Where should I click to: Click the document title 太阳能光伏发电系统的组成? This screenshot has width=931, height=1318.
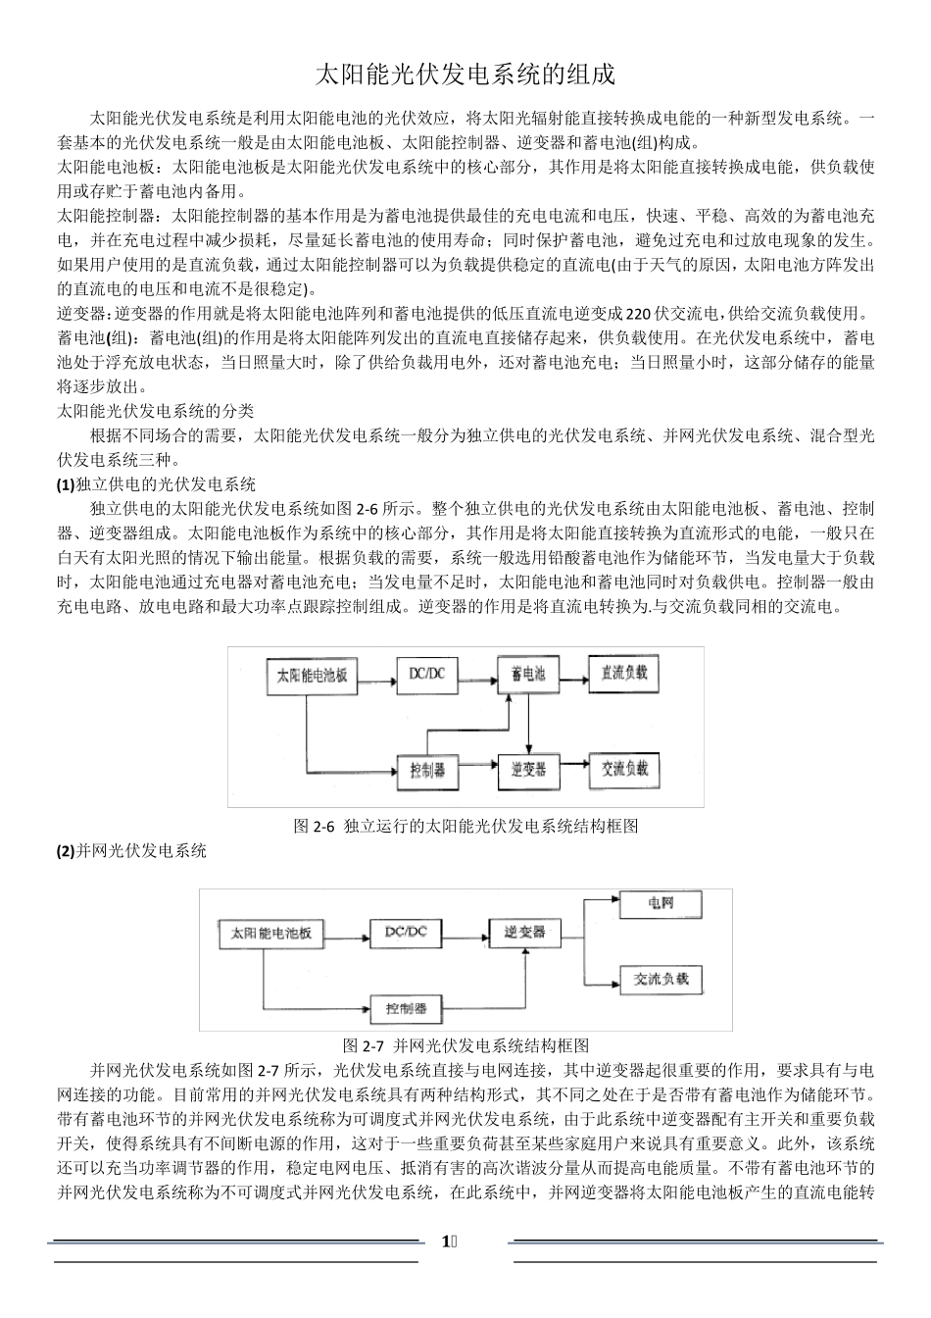[x=465, y=76]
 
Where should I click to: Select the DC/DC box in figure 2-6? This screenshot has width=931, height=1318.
[x=426, y=674]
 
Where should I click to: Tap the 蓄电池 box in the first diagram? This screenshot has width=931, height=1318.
[x=528, y=675]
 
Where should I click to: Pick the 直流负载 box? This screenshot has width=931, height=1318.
[x=623, y=674]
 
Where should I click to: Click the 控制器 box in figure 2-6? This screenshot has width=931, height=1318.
[x=427, y=771]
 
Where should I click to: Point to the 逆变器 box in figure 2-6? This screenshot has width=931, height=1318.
[x=528, y=770]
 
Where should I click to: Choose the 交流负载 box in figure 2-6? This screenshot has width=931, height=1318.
[x=624, y=769]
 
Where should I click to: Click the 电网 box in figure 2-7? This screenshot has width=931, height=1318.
[x=661, y=904]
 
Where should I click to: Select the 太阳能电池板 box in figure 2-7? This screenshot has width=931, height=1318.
[x=270, y=934]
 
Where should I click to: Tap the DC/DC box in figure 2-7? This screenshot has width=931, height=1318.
[x=406, y=932]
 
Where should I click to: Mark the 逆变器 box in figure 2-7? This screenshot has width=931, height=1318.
[x=524, y=932]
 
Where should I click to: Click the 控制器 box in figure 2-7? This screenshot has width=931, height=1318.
[x=406, y=1008]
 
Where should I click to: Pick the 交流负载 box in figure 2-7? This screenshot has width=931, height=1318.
[x=661, y=979]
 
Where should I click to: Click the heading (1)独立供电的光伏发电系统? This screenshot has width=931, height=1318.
[x=157, y=484]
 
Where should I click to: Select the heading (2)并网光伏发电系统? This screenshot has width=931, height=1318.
[x=132, y=851]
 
